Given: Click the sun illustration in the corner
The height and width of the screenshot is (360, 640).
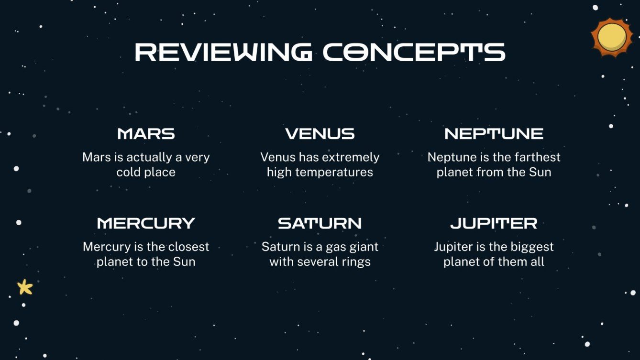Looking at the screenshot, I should tap(612, 37).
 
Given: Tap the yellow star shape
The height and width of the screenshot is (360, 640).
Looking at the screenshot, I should tap(25, 287).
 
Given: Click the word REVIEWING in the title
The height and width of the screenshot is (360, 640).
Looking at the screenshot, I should tap(223, 52).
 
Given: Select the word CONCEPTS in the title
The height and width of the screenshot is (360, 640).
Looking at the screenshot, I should tap(414, 52).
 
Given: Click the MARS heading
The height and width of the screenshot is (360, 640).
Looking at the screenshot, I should tap(146, 134).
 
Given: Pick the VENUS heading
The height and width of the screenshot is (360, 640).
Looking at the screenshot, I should tap(320, 134).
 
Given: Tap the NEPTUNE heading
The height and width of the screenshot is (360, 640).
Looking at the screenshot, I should tap(494, 134).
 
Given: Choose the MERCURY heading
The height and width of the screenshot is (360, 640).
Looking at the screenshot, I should tap(146, 223).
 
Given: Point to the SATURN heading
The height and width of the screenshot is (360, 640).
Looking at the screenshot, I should tap(320, 223).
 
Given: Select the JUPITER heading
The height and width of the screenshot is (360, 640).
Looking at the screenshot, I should tap(494, 223).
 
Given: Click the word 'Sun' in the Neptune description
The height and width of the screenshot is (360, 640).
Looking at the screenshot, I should tap(541, 172).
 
